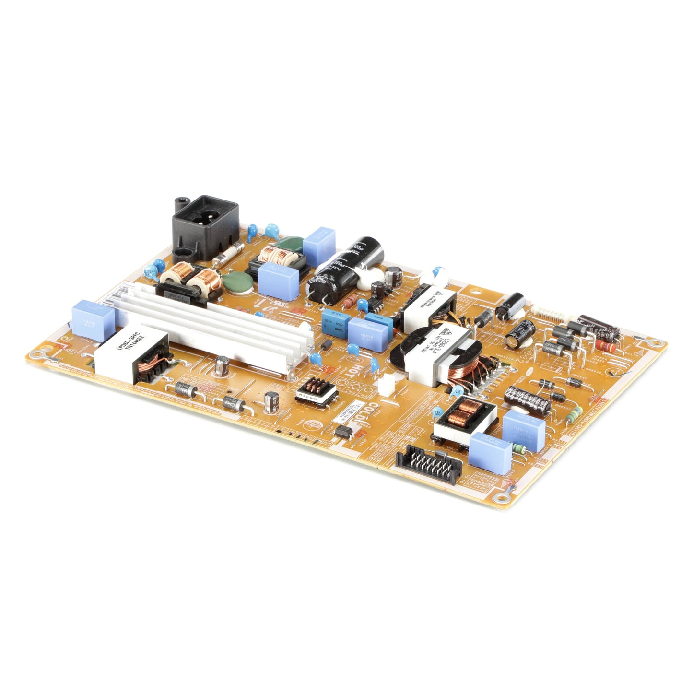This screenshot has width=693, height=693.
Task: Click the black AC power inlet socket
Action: (205, 225)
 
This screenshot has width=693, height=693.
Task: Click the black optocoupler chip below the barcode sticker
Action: (345, 431)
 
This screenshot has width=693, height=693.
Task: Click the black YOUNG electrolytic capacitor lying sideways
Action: (527, 397)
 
